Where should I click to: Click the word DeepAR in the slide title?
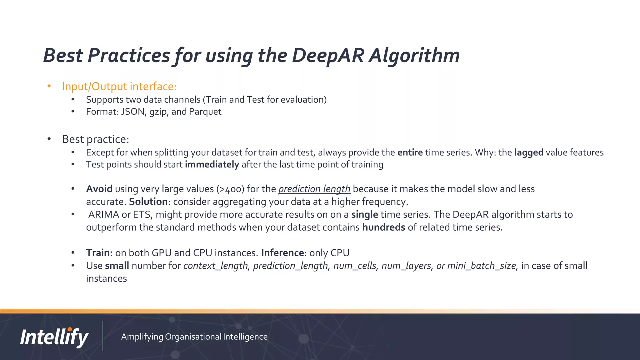(328, 56)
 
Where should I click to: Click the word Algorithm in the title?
(414, 56)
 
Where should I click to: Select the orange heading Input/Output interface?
(119, 86)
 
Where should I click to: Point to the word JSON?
(132, 112)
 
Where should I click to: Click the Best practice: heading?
(95, 139)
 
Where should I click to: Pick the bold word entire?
(410, 152)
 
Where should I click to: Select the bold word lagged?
(529, 152)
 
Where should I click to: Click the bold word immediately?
(212, 164)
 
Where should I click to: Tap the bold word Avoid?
(99, 189)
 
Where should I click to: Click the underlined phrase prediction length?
(314, 189)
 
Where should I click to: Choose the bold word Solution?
(148, 202)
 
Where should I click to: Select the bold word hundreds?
(383, 227)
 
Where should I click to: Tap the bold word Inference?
(282, 253)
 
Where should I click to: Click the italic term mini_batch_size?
(482, 266)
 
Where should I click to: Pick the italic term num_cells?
(355, 266)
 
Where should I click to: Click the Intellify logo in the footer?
(54, 337)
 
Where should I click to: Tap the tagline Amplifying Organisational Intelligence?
(194, 337)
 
